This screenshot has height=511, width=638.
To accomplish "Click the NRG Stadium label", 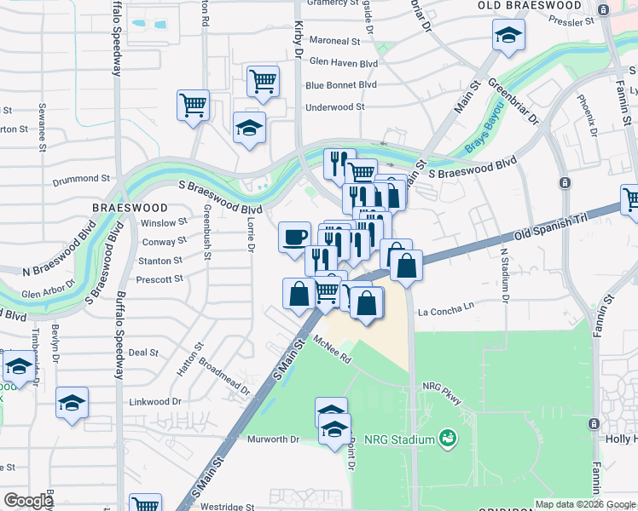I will click(x=400, y=439).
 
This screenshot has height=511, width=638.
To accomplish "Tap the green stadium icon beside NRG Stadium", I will click(x=447, y=439).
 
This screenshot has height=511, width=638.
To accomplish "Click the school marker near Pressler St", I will click(x=508, y=35).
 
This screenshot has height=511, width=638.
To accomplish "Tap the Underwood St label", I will click(x=335, y=107).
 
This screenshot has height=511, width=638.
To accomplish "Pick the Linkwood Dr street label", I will click(x=154, y=401).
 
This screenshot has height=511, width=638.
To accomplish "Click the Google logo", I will click(x=28, y=501).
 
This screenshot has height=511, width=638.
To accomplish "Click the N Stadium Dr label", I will click(x=504, y=275).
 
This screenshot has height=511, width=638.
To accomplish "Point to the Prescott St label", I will click(x=160, y=278).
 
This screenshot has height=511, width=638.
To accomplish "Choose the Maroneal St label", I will click(x=335, y=41).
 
